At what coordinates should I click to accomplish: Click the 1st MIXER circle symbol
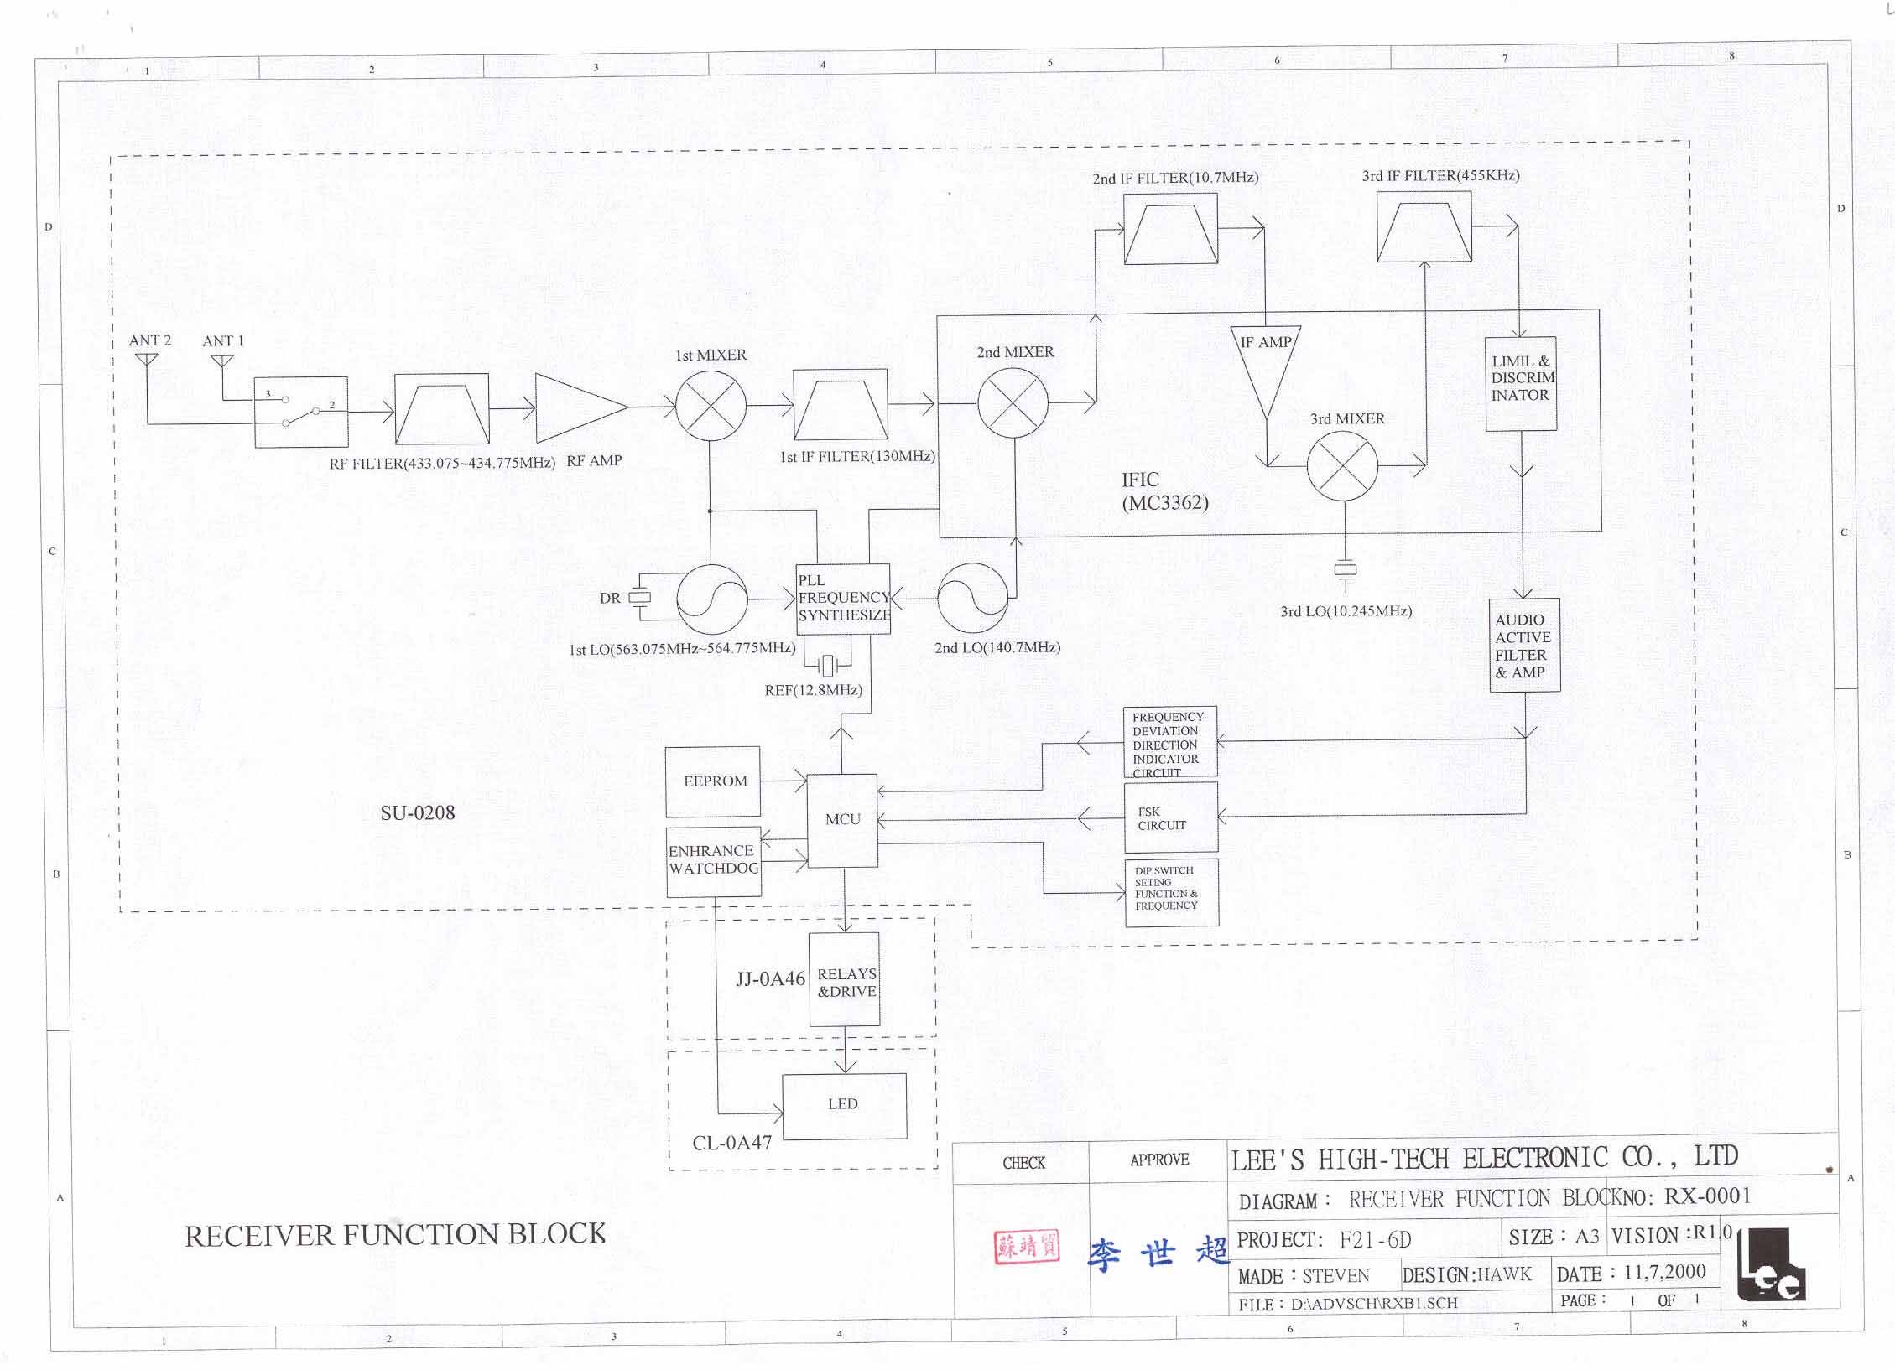pos(711,406)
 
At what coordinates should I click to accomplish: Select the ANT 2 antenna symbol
pos(146,360)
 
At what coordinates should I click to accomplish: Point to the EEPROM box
pos(713,781)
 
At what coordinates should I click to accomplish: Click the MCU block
pos(842,820)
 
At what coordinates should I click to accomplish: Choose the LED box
pos(844,1105)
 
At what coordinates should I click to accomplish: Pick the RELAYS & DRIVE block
pos(845,979)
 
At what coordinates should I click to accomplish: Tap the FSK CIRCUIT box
pos(1170,818)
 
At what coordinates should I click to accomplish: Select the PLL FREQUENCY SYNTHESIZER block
pos(842,599)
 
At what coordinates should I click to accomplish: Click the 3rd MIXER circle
pos(1342,466)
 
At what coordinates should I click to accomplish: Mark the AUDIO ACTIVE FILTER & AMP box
pos(1524,645)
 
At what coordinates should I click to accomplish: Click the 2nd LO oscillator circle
pos(972,599)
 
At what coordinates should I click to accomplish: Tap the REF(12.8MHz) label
pos(813,690)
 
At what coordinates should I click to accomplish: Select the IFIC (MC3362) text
pos(1164,491)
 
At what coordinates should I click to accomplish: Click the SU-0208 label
pos(418,812)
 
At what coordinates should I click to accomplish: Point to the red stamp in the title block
pos(1026,1248)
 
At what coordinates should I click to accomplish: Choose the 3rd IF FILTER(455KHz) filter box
pos(1424,226)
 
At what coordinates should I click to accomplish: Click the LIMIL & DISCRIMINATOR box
pos(1521,383)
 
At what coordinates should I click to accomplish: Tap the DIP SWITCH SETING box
pos(1171,892)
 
